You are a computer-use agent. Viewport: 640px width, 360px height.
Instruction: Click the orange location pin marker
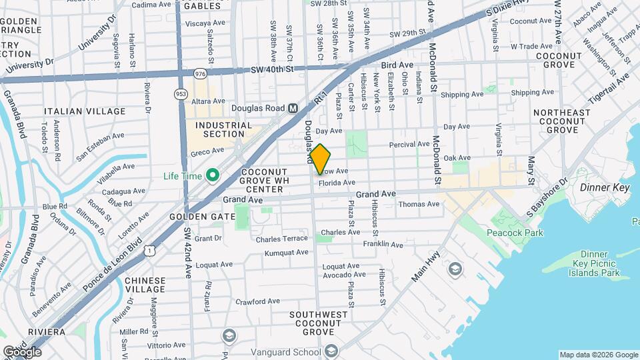coord(320,159)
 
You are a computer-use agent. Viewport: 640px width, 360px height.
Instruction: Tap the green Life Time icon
coord(213,176)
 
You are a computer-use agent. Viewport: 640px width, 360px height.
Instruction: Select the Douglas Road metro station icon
coord(293,108)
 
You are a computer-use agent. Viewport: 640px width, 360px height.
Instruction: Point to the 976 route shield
coord(200,73)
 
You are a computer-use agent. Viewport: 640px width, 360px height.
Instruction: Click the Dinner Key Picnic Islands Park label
coord(594,263)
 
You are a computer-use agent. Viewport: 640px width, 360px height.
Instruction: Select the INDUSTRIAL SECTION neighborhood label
coord(224,129)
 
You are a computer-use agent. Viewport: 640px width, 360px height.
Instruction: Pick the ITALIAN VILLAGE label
coord(84,111)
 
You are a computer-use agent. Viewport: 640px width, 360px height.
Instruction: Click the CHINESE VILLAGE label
coord(145,285)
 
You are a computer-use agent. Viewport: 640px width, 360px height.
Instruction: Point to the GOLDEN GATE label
coord(202,217)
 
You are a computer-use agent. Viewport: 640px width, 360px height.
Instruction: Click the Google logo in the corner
coord(23,351)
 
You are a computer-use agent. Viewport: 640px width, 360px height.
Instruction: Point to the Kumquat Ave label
coord(286,253)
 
